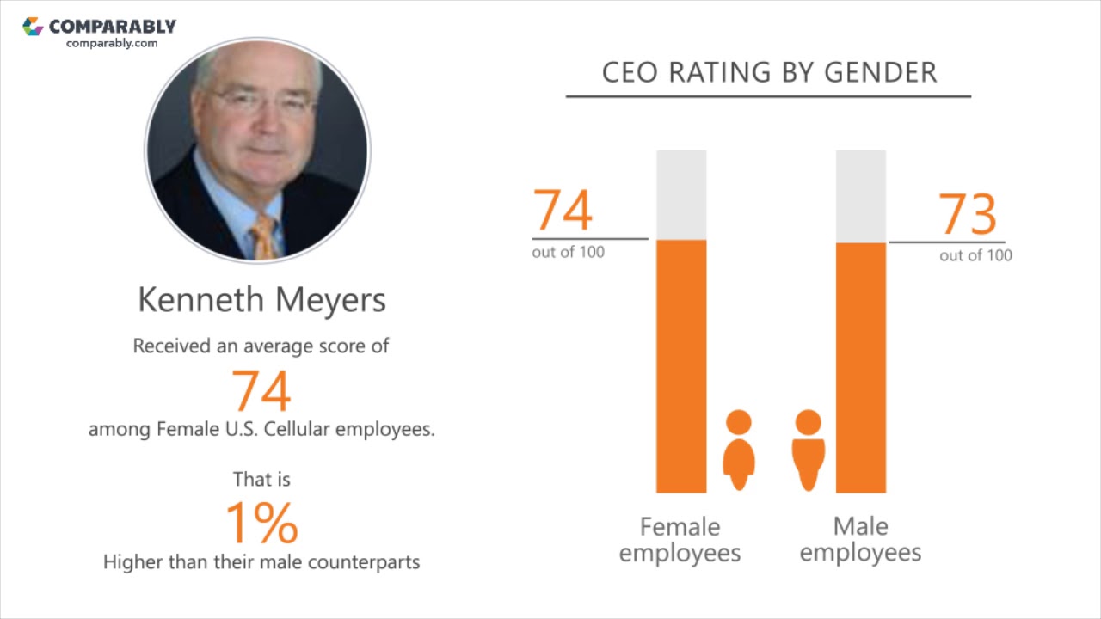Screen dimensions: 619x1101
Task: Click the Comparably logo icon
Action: point(33,27)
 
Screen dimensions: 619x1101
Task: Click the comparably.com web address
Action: point(112,43)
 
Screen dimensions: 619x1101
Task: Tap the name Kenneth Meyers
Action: point(261,300)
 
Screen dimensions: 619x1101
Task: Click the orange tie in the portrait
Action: point(264,236)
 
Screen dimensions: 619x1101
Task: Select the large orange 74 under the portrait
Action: point(261,390)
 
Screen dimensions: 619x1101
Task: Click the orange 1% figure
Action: point(261,522)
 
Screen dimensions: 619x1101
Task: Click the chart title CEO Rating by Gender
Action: point(769,73)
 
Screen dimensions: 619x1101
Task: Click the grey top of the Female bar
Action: point(681,194)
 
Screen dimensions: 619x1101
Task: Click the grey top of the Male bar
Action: point(860,196)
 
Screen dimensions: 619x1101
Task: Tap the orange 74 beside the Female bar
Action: point(563,211)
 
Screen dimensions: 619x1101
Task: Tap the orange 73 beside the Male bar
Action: point(968,214)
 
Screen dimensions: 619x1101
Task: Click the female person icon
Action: point(738,449)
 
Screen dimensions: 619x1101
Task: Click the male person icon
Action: point(808,449)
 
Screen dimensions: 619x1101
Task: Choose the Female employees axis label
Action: point(680,539)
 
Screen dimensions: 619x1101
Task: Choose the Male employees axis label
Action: point(860,539)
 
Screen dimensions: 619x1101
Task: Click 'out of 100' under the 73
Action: point(975,255)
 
